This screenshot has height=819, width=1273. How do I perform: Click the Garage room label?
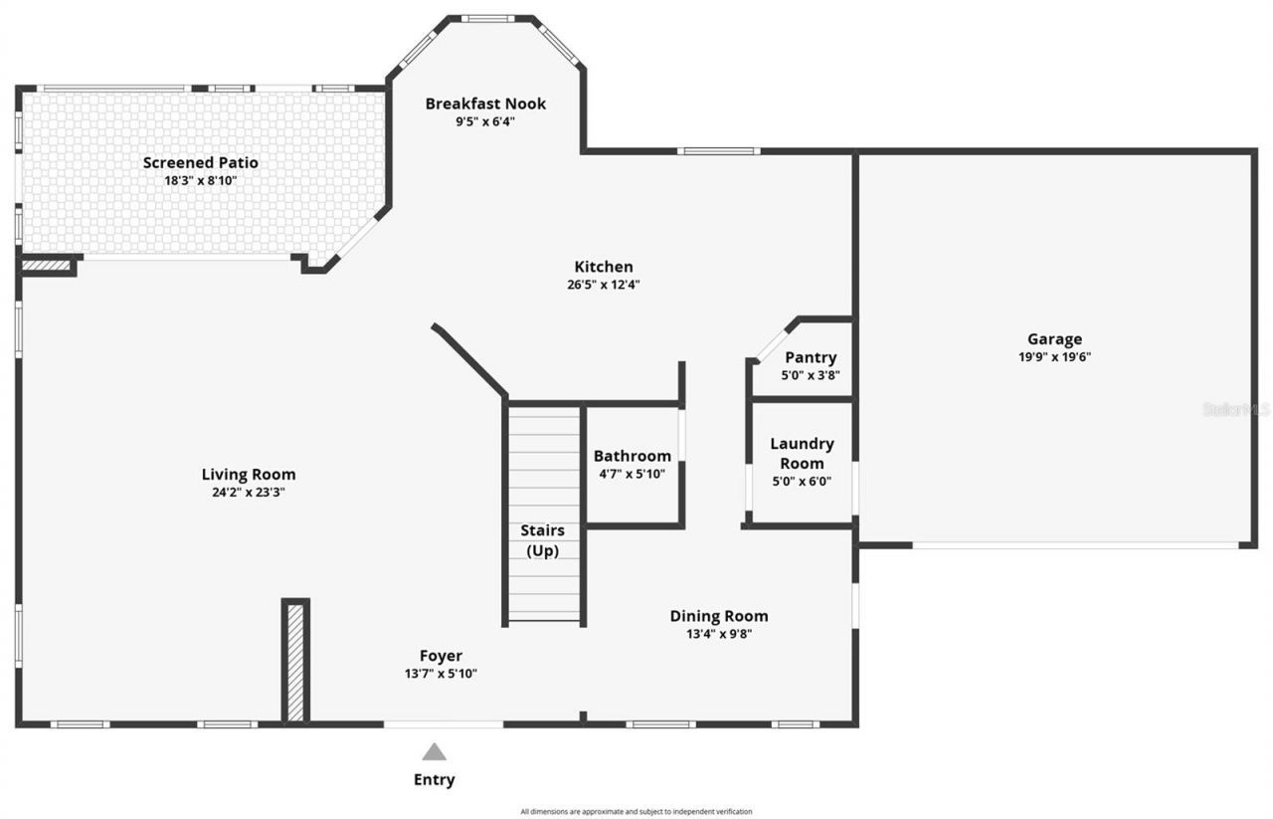(x=1054, y=339)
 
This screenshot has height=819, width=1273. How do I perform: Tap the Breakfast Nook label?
(x=485, y=103)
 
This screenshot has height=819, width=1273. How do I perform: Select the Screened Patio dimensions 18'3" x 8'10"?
(x=200, y=180)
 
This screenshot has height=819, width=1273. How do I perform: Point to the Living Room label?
(x=249, y=475)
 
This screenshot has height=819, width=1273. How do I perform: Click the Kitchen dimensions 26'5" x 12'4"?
(x=603, y=285)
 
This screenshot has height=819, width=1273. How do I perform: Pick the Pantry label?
(x=811, y=357)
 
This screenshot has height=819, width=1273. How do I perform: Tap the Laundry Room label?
(x=802, y=454)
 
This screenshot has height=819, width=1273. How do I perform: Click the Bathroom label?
(x=633, y=456)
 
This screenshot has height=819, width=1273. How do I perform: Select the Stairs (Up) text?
(x=542, y=540)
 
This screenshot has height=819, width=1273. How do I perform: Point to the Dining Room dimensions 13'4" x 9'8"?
(x=719, y=634)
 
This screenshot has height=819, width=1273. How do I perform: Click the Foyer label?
(x=441, y=656)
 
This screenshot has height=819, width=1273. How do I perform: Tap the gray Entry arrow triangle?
(x=434, y=752)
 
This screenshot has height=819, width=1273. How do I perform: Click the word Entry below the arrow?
(x=434, y=780)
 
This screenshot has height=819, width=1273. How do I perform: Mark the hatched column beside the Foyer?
(x=295, y=661)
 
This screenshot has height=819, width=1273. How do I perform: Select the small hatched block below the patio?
(x=47, y=266)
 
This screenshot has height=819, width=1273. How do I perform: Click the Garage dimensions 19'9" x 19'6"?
(x=1054, y=356)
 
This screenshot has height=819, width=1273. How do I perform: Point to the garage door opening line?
(x=1075, y=545)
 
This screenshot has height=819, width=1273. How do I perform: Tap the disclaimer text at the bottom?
(x=636, y=811)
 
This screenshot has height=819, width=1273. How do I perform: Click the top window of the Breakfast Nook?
(x=487, y=18)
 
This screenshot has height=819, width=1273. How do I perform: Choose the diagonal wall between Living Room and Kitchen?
(x=469, y=359)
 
